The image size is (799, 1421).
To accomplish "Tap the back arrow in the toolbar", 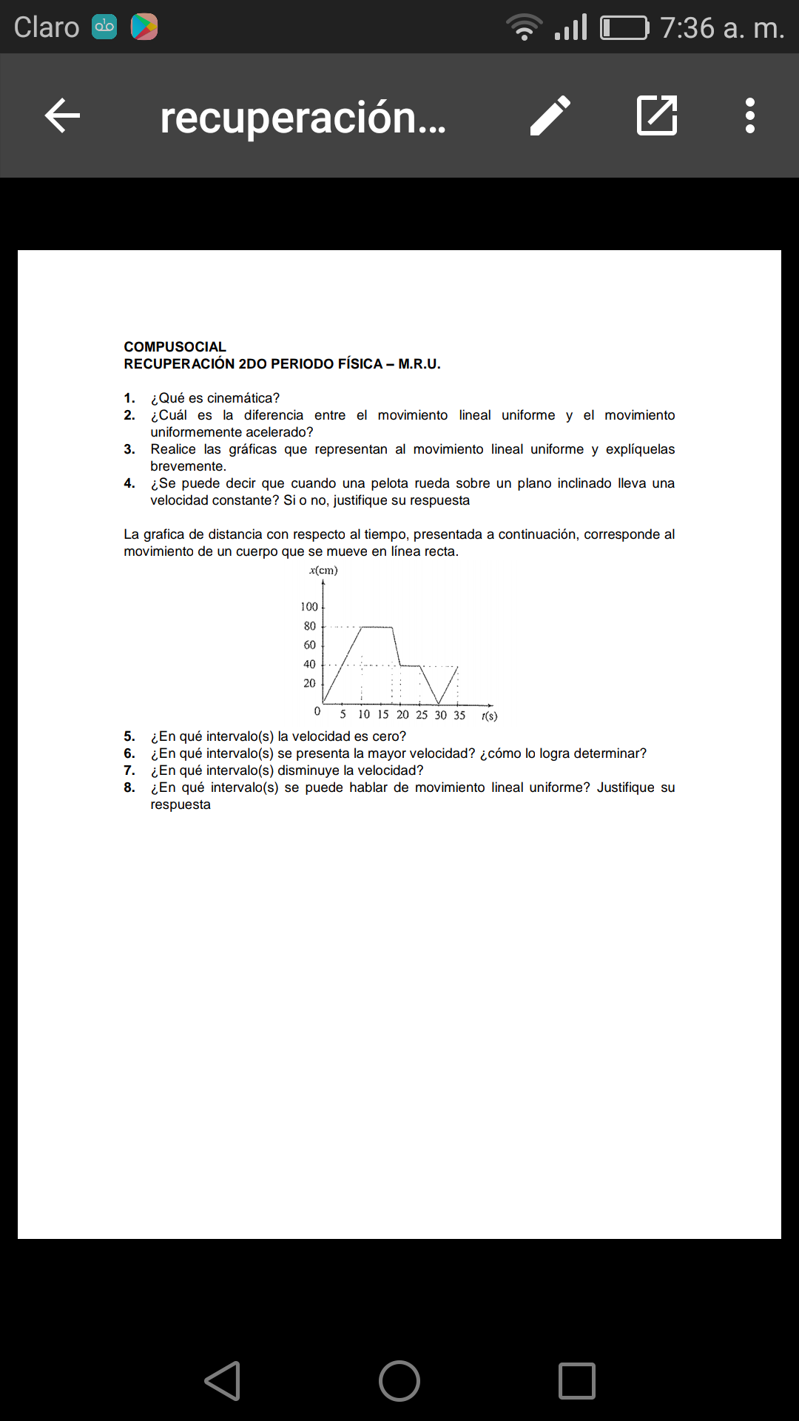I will point(62,116).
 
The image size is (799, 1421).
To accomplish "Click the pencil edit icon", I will point(550,115).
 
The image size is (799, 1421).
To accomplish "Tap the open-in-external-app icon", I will point(657,115).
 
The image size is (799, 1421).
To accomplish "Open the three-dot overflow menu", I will point(750,115).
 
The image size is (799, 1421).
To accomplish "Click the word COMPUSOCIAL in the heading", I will point(175,347).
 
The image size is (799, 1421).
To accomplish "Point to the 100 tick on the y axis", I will point(309,607).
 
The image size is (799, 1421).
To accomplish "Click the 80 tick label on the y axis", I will point(310,626).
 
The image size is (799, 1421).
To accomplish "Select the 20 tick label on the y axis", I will point(310,683).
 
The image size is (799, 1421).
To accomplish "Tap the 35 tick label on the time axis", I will point(459,715).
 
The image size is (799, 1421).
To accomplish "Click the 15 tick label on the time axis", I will point(382,715).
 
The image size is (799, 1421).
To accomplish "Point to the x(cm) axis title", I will point(323,571).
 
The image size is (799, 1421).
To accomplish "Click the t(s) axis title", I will point(489,716).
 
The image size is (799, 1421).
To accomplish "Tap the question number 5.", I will point(129,736).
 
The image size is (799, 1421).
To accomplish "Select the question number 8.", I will point(129,787).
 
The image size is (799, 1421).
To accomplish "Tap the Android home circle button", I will point(399,1381).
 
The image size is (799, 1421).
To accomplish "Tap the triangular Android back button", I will point(223,1381).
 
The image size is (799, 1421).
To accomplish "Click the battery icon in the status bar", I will point(624,28).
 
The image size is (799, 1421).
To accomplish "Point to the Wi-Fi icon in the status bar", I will point(524,27).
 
